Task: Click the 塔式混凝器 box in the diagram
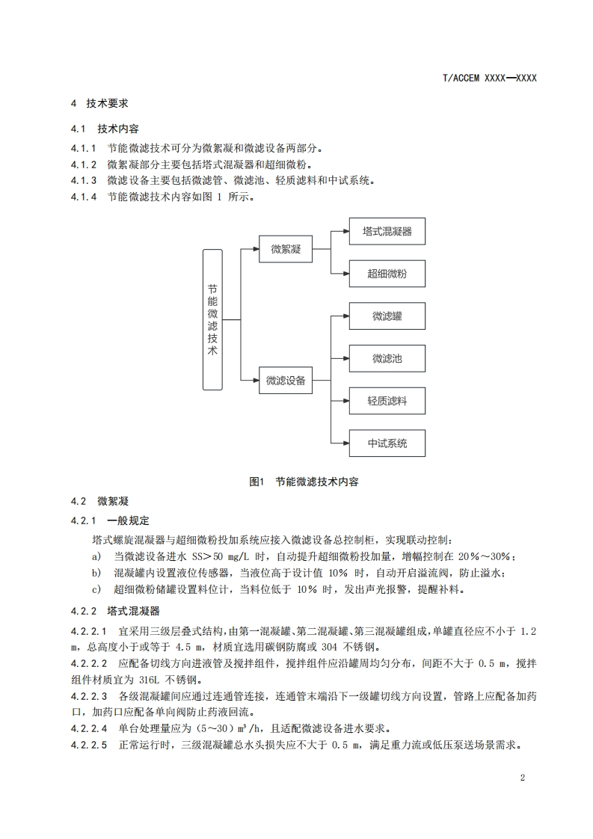click(x=387, y=231)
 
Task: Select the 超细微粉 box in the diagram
click(x=387, y=274)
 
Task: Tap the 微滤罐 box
click(x=387, y=316)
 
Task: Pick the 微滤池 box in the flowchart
click(x=387, y=359)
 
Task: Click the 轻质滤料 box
click(x=387, y=402)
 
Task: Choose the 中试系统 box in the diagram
click(x=387, y=443)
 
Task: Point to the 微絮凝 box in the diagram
click(x=286, y=249)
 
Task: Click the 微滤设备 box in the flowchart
click(x=286, y=381)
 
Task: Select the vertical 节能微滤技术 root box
click(x=212, y=319)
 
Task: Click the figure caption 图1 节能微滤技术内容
click(x=304, y=482)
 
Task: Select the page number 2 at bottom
click(x=522, y=778)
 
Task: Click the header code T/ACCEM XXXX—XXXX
click(x=491, y=78)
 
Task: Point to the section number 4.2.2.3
click(x=89, y=696)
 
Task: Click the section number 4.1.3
click(x=84, y=180)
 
